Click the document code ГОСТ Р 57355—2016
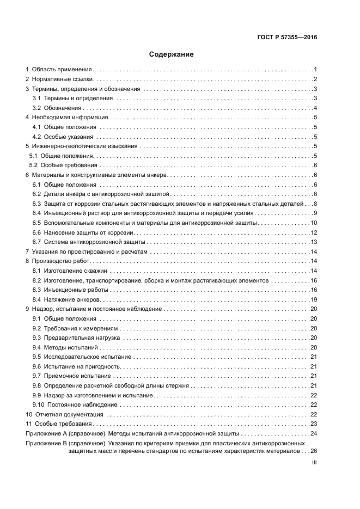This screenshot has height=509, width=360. [287, 38]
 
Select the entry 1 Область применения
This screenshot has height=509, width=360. [59, 70]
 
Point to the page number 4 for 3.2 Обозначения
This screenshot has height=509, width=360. [315, 108]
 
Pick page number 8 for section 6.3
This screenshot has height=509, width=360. [315, 204]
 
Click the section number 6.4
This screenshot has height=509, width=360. [36, 213]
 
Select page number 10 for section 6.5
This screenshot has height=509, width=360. [314, 223]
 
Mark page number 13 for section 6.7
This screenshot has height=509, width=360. [314, 242]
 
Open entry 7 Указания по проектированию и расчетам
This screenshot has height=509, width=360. [86, 252]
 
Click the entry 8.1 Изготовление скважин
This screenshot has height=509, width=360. [70, 271]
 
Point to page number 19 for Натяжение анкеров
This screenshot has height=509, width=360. [314, 299]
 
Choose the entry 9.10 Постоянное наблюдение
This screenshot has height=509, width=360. [75, 404]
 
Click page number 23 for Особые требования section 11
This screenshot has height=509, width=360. [314, 424]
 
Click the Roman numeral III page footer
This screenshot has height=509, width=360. [314, 463]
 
